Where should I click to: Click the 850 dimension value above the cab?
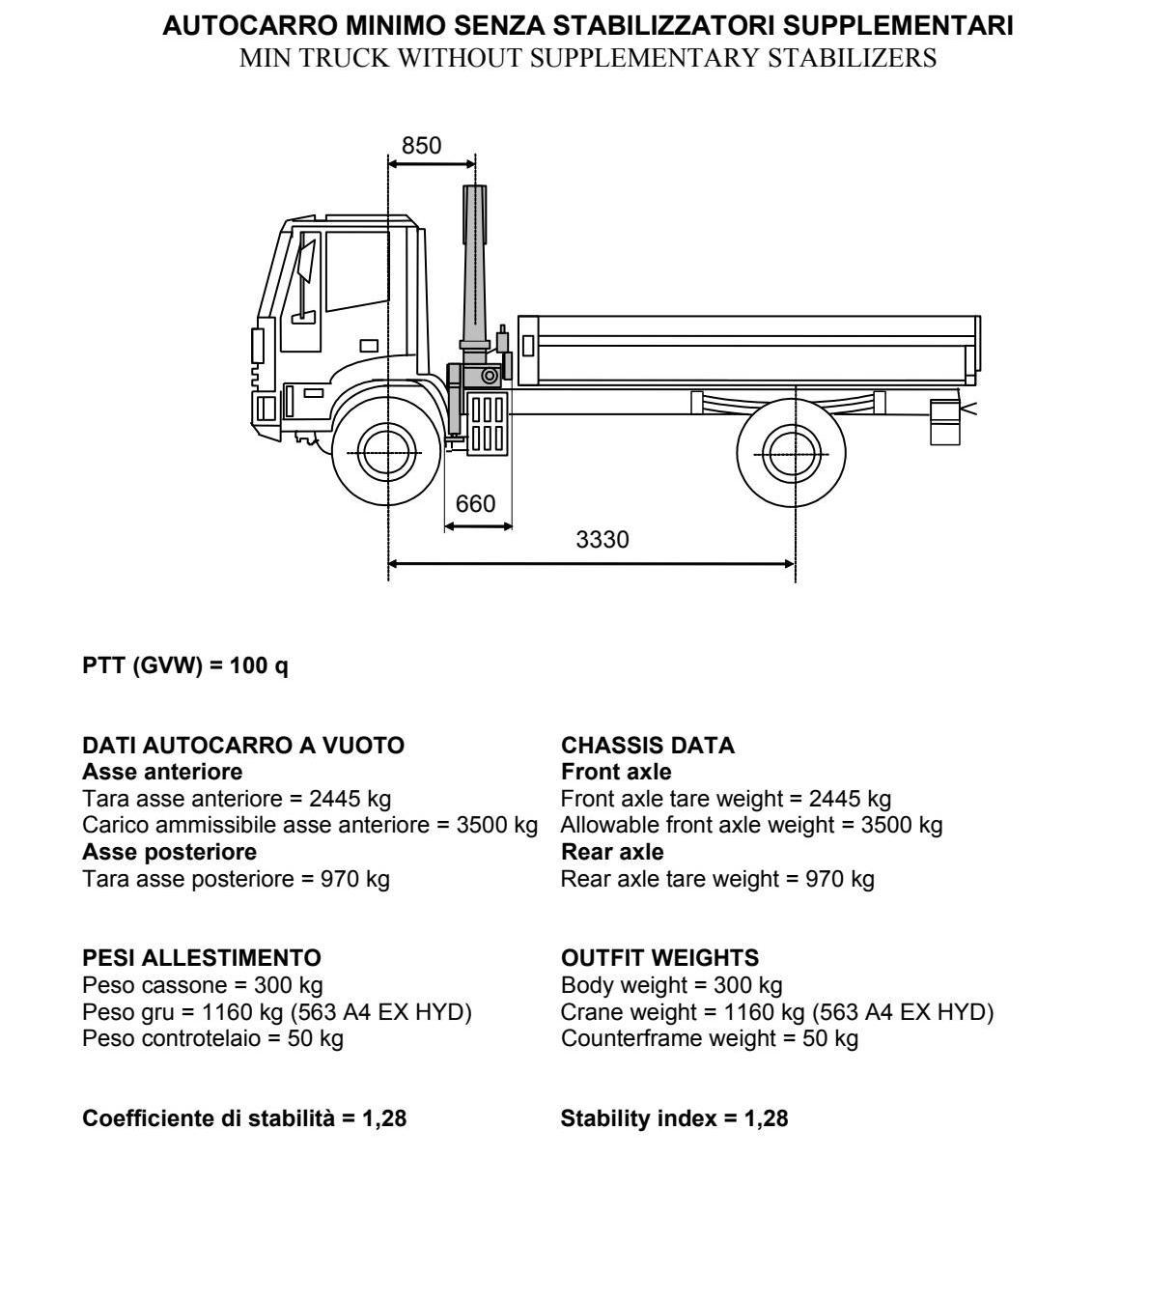422,146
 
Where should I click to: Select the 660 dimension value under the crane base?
475,504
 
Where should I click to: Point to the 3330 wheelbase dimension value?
603,540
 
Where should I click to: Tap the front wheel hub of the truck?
387,453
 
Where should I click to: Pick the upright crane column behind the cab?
475,269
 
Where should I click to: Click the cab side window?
357,270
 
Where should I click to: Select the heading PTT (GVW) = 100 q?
185,665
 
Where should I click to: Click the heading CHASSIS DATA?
648,745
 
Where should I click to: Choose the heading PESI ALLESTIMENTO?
202,957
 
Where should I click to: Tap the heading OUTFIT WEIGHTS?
660,957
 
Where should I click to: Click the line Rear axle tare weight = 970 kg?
718,879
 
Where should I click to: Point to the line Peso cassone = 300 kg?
203,985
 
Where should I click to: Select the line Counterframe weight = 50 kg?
710,1038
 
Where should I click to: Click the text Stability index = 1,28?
674,1118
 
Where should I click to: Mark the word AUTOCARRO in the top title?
251,26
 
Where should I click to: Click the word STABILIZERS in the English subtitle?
853,58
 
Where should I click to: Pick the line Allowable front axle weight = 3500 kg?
752,825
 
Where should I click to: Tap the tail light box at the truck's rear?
945,421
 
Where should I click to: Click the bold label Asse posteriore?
169,852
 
